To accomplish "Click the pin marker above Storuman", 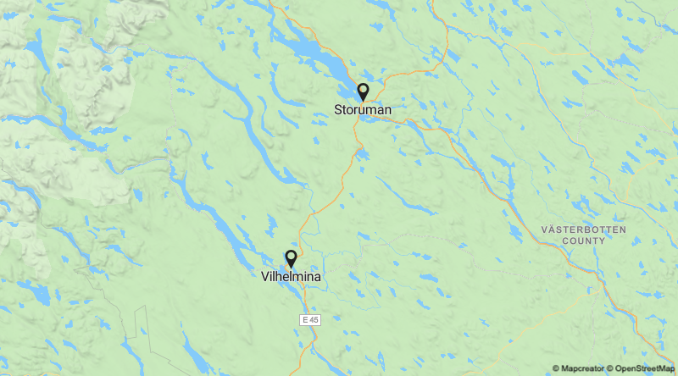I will pos(363,91).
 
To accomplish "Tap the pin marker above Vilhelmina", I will pos(291,257).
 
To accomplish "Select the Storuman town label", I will pos(363,110).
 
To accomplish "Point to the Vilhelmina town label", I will pos(292,276).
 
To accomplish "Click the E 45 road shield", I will pos(311,319).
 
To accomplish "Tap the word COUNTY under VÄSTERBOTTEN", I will pos(584,241).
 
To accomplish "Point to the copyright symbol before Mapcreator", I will pos(556,368).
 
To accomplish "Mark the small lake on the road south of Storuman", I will pos(362,155).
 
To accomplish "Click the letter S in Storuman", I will pos(338,110).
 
